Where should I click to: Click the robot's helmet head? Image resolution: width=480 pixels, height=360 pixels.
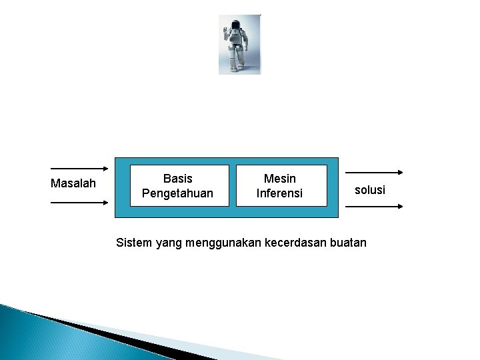click(x=235, y=26)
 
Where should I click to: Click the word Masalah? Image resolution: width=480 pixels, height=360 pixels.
click(x=73, y=183)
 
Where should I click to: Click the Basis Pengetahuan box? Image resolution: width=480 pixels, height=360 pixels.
click(x=177, y=186)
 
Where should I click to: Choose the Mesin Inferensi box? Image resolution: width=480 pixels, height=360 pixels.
click(x=281, y=186)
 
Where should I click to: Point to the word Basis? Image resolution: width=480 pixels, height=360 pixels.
click(x=177, y=179)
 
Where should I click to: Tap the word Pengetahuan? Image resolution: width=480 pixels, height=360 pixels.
click(x=177, y=193)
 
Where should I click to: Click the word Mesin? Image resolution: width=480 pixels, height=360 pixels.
click(x=280, y=179)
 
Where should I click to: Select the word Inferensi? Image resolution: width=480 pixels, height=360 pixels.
click(x=280, y=193)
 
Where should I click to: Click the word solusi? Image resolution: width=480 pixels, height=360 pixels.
click(x=370, y=190)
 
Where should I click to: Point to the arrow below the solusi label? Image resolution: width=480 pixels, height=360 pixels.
click(x=376, y=207)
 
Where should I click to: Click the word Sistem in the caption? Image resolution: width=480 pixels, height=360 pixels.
click(x=134, y=243)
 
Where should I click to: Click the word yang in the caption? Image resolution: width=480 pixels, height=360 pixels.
click(x=168, y=243)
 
